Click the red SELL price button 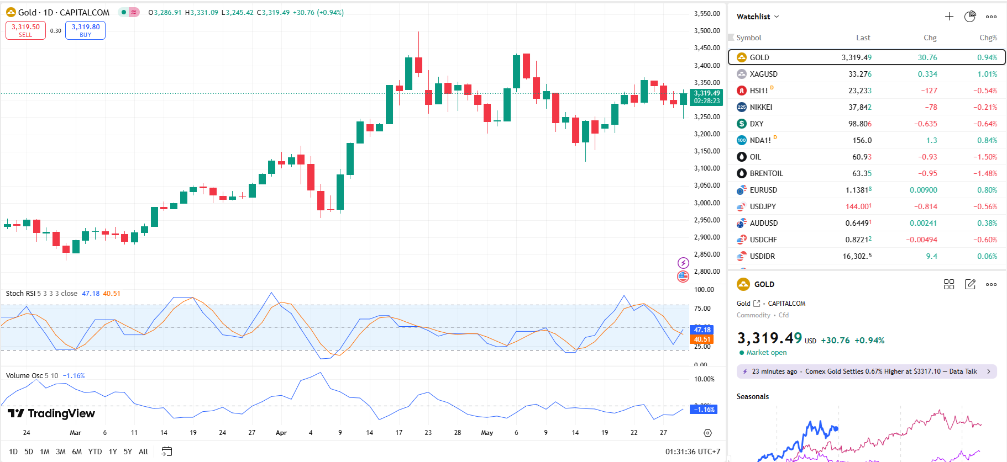click(25, 30)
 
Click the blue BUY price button click(85, 30)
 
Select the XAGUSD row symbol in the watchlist click(763, 74)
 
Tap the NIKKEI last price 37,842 click(859, 107)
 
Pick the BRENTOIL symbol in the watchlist click(766, 173)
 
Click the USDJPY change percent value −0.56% click(985, 206)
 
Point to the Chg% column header click(988, 38)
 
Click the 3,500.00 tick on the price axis click(707, 31)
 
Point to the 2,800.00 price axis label click(707, 272)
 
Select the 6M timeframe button click(77, 452)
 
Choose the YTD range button click(95, 452)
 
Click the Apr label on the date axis click(281, 433)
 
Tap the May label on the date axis click(487, 433)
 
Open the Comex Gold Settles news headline click(890, 371)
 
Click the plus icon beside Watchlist click(949, 17)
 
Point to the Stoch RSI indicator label click(21, 294)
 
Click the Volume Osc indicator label click(24, 376)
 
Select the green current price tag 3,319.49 click(707, 94)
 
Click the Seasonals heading click(752, 396)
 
